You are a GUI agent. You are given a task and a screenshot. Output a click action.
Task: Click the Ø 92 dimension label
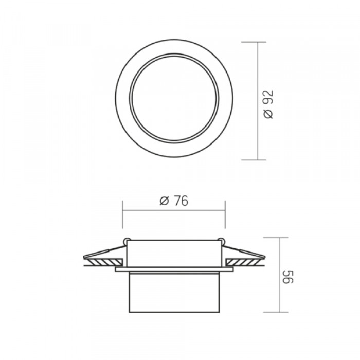(x=268, y=104)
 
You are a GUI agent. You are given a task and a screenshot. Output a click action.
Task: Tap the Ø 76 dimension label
(x=174, y=201)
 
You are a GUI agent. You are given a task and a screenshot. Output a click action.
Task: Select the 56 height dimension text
(x=288, y=277)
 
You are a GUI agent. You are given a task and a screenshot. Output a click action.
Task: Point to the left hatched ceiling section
(x=103, y=262)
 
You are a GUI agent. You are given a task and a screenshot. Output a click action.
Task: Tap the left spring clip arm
(x=104, y=251)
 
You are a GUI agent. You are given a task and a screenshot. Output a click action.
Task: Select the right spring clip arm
(x=244, y=251)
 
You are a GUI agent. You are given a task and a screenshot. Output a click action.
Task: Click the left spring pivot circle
(x=127, y=241)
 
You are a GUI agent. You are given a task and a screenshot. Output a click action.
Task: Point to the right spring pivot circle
(x=221, y=241)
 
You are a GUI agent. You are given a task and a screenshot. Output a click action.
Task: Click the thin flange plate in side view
(x=174, y=269)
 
